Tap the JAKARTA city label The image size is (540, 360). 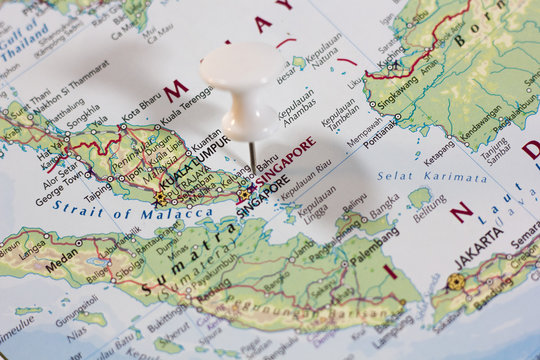(479, 248)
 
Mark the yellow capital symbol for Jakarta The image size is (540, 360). (456, 282)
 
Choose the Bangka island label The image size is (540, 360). (385, 208)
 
